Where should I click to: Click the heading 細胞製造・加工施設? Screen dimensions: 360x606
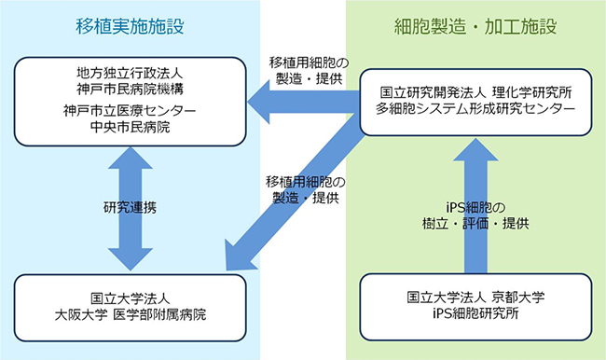[x=475, y=26]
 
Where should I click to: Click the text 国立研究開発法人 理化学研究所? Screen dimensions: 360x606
[x=475, y=94]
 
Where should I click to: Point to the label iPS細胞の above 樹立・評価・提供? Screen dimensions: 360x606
[x=475, y=207]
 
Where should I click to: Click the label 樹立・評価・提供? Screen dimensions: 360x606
[x=475, y=225]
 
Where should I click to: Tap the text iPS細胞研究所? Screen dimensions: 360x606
[x=475, y=315]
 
